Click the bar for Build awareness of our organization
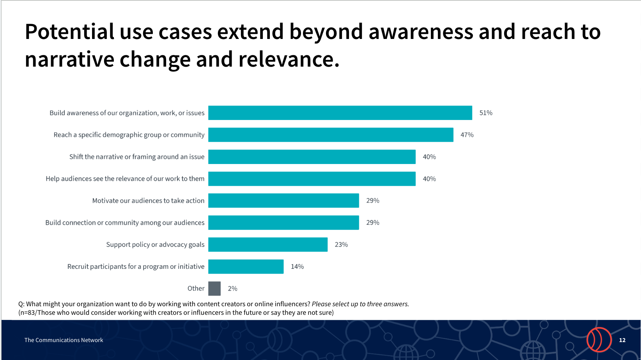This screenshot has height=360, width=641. [x=340, y=113]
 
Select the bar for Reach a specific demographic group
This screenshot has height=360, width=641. [x=331, y=135]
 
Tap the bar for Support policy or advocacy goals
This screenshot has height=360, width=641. [x=268, y=244]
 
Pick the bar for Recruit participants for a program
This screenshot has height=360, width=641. [x=246, y=266]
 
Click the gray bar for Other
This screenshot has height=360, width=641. [x=214, y=289]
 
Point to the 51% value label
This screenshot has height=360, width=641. [x=486, y=113]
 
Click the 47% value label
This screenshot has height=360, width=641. [x=467, y=135]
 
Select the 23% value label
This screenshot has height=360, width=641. [x=342, y=244]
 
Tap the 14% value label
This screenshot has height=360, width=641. [x=297, y=266]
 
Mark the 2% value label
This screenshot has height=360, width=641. [x=233, y=289]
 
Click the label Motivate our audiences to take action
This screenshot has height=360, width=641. [x=148, y=201]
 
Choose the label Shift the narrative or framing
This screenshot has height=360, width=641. [x=137, y=157]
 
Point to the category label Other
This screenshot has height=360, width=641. [x=196, y=288]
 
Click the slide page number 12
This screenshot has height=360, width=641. [x=622, y=340]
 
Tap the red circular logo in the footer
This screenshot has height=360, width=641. [x=599, y=339]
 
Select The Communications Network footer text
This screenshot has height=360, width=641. [x=64, y=340]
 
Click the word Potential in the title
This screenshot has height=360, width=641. [x=69, y=32]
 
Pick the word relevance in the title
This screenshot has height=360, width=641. [x=289, y=59]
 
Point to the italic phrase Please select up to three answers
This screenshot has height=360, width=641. [x=360, y=304]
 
